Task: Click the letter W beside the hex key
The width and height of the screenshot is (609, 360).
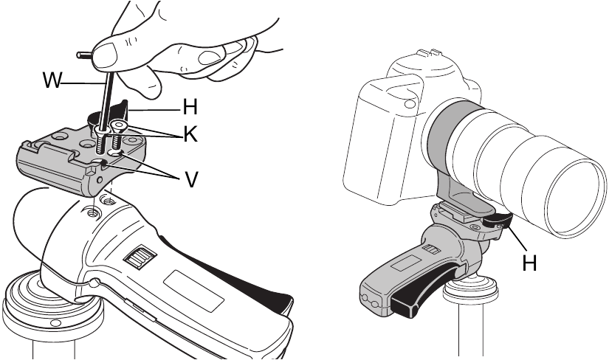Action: pyautogui.click(x=52, y=80)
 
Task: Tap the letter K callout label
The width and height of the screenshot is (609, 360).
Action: pyautogui.click(x=190, y=135)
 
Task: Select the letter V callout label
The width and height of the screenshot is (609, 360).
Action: pyautogui.click(x=190, y=179)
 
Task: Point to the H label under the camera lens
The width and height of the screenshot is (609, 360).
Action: pyautogui.click(x=529, y=263)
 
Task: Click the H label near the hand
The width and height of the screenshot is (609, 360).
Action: pyautogui.click(x=190, y=107)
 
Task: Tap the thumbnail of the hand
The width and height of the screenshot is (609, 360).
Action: pyautogui.click(x=106, y=54)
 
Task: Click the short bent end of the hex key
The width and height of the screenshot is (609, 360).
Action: pyautogui.click(x=84, y=55)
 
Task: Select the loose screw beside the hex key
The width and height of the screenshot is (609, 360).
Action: pyautogui.click(x=117, y=135)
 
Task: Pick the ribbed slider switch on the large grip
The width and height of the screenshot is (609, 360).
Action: pyautogui.click(x=140, y=257)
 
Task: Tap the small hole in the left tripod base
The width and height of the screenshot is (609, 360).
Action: pyautogui.click(x=56, y=323)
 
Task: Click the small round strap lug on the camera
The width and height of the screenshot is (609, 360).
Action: pyautogui.click(x=409, y=104)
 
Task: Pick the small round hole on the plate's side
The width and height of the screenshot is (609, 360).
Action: pyautogui.click(x=100, y=180)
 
